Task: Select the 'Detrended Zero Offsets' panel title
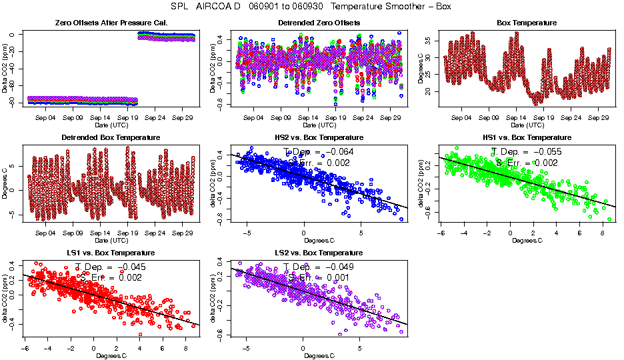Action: (x=319, y=23)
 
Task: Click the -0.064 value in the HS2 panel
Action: (x=337, y=152)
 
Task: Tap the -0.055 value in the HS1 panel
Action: (x=545, y=152)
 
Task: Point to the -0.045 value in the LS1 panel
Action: (x=129, y=267)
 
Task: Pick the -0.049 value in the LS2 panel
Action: (x=337, y=267)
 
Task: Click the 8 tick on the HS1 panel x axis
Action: (x=603, y=233)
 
